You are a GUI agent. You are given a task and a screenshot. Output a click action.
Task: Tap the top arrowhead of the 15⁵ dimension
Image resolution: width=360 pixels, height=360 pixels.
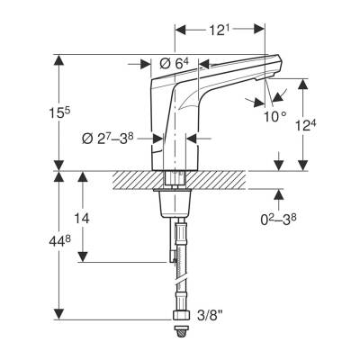[x=59, y=60]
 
